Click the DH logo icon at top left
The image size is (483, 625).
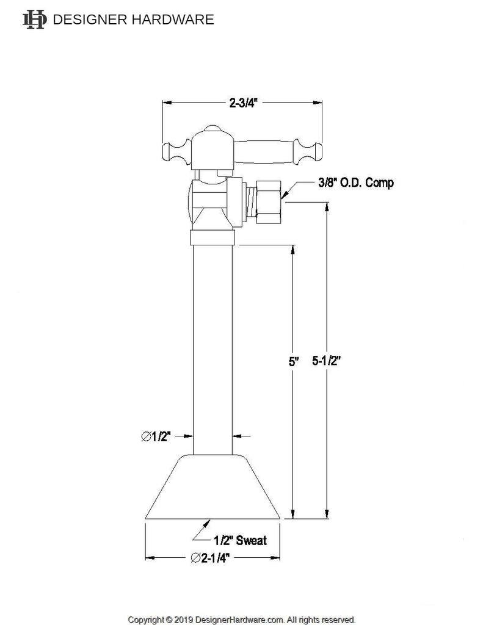[34, 20]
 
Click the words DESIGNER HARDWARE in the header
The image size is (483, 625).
[134, 20]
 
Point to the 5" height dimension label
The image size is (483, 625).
[294, 362]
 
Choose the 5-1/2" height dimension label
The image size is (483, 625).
[326, 361]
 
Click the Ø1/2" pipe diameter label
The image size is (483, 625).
[156, 436]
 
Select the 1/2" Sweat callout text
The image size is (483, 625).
[240, 540]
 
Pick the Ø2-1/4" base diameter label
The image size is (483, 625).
[212, 558]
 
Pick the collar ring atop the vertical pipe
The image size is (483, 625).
[212, 237]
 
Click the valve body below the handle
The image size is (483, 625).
[211, 201]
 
